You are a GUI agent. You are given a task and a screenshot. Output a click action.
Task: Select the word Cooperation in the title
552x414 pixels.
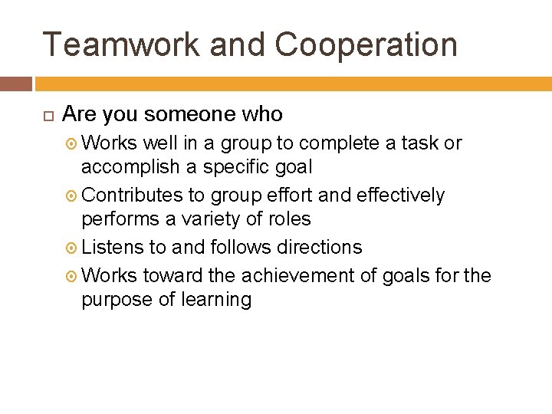point(366,44)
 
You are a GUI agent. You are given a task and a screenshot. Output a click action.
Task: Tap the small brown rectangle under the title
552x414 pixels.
point(16,84)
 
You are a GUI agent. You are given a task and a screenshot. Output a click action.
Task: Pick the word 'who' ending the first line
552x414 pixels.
point(263,115)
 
